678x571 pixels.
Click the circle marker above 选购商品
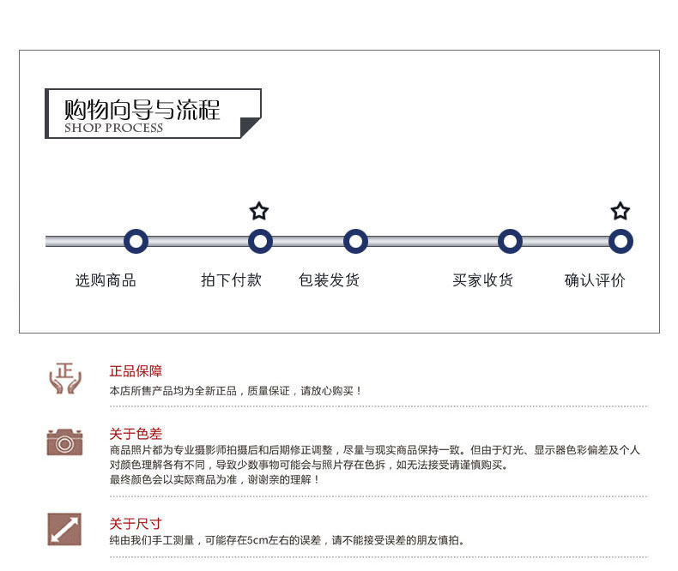point(136,242)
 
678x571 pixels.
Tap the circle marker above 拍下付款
point(260,242)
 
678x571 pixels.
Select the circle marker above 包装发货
point(355,242)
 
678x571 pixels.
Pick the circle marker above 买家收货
point(510,242)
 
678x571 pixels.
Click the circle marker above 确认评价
point(620,242)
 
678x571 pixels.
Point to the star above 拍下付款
point(259,211)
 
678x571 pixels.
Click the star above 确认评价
point(620,211)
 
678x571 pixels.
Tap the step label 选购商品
point(106,280)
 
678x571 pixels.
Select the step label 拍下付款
point(231,280)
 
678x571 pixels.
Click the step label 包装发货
point(329,280)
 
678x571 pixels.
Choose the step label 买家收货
point(482,280)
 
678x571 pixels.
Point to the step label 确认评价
point(595,280)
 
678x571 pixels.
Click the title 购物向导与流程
point(142,110)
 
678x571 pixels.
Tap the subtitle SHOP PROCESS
point(113,129)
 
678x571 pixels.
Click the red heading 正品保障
point(136,371)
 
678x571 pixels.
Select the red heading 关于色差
point(136,434)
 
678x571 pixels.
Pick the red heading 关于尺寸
point(136,524)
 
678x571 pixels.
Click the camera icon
point(64,442)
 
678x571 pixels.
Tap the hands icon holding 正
point(64,378)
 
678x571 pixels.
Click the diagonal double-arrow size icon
point(64,529)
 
